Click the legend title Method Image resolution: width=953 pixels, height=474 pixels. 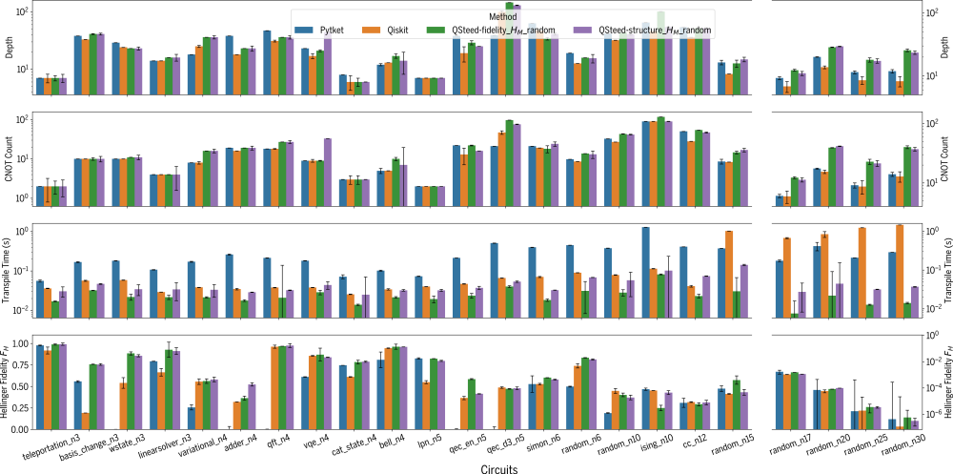coord(491,16)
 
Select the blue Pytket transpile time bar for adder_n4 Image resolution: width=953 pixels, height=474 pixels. coord(230,269)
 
